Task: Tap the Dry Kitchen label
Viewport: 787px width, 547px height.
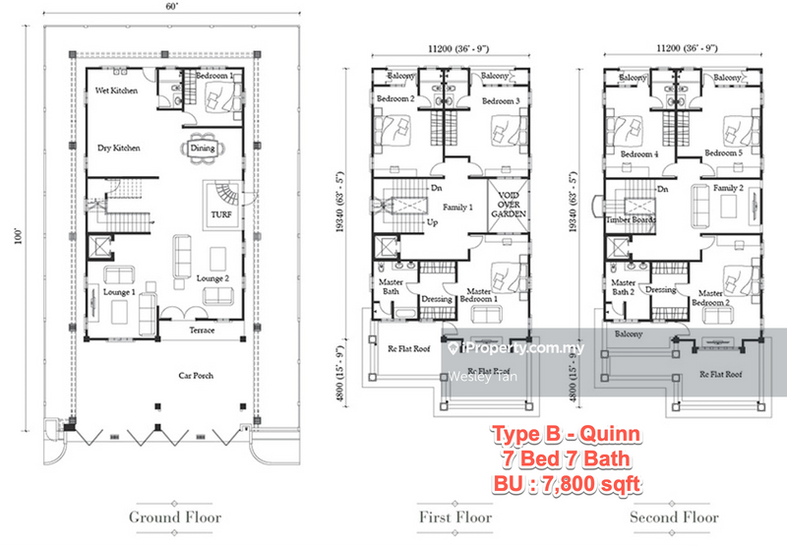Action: [x=118, y=149]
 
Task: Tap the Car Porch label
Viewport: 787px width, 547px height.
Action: [x=195, y=375]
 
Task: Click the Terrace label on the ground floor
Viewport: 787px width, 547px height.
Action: [x=203, y=331]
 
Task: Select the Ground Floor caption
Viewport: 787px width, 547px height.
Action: [x=175, y=517]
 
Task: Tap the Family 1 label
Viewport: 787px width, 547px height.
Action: [x=457, y=208]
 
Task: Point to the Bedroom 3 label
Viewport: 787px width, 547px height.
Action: [x=500, y=101]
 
